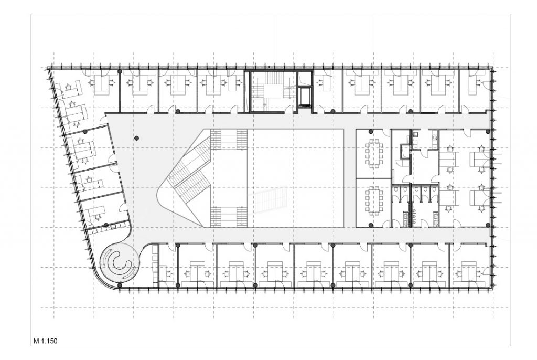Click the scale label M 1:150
(45, 342)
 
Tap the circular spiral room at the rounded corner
(119, 262)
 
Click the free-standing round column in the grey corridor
(136, 138)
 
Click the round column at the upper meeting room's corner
(371, 131)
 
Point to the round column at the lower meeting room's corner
(371, 225)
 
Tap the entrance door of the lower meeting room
(388, 223)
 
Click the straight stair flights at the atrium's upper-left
(229, 140)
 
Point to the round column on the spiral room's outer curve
(120, 285)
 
